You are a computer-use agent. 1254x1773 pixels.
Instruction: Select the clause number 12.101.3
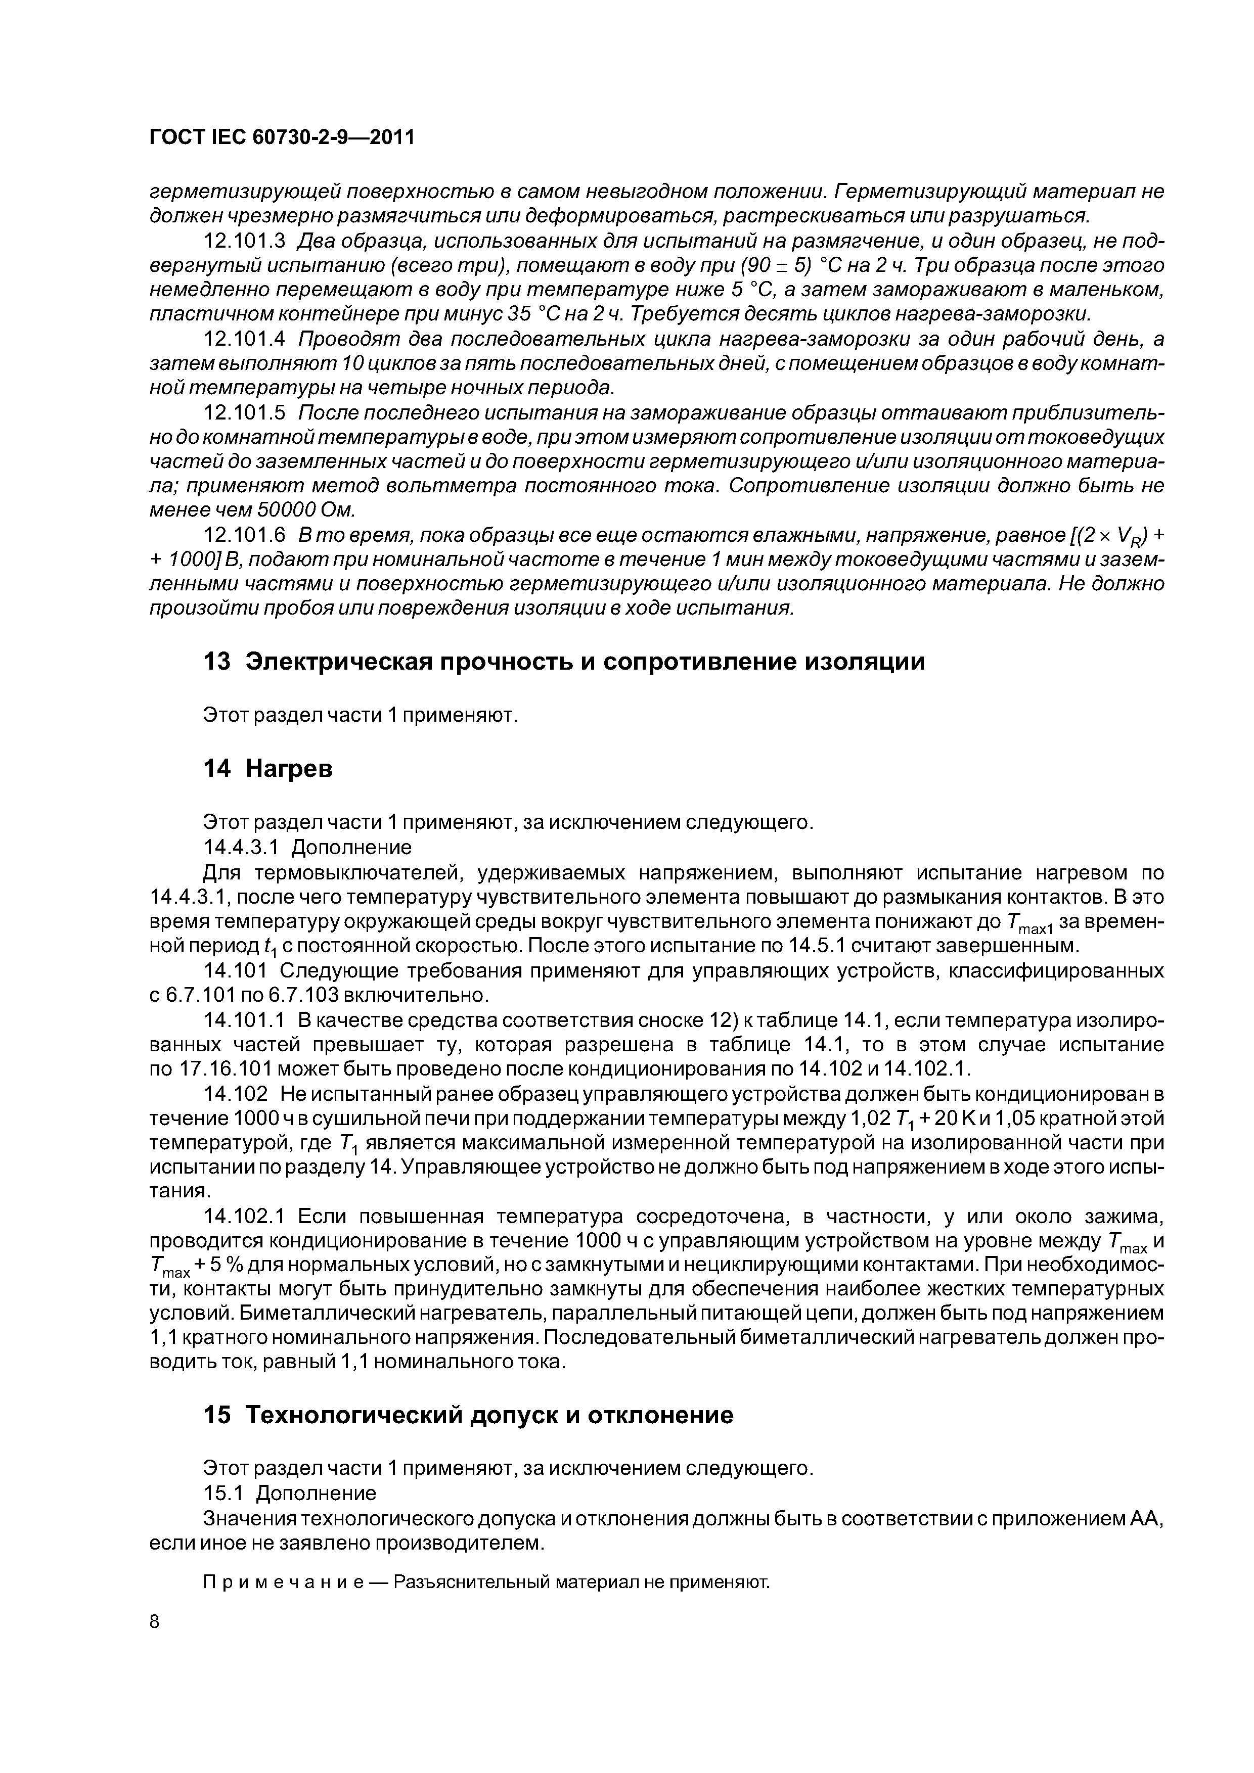[x=245, y=242]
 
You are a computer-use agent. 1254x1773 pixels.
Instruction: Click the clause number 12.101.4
[x=245, y=339]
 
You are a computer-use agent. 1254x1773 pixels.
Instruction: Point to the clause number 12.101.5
[x=245, y=412]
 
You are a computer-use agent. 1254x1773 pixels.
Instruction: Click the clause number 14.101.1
[x=245, y=1021]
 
